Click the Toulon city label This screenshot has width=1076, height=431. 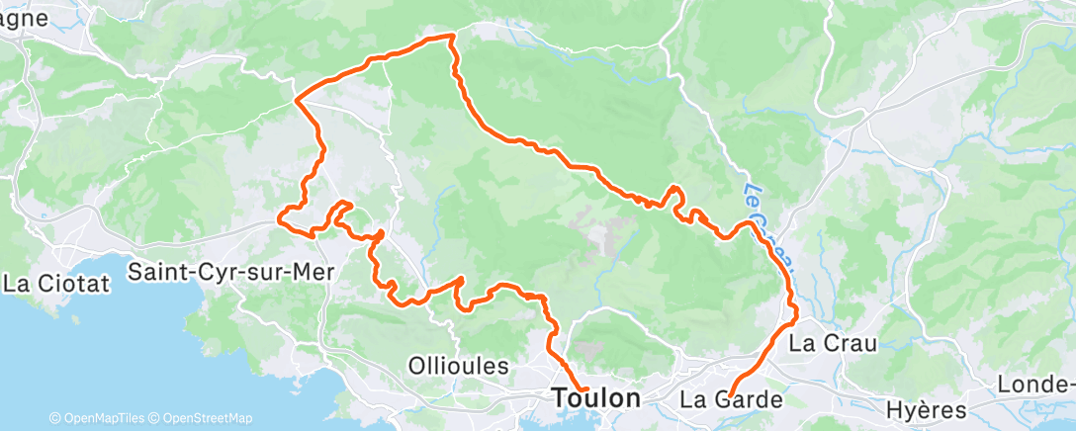coord(594,398)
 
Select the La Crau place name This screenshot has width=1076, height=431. coord(830,343)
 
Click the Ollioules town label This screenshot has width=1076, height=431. coord(458,366)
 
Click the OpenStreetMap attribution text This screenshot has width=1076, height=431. coord(206,418)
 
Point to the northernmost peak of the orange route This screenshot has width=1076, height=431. coord(451,36)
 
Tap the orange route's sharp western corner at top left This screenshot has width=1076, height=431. coord(297,100)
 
